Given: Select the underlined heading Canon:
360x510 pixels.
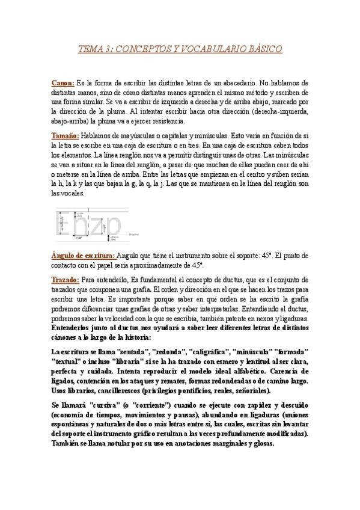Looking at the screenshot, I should (x=63, y=83).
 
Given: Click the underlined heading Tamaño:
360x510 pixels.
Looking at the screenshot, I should (x=66, y=136).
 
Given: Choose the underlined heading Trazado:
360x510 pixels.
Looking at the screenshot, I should (x=65, y=280).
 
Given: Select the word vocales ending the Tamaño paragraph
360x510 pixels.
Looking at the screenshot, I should (x=78, y=194).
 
